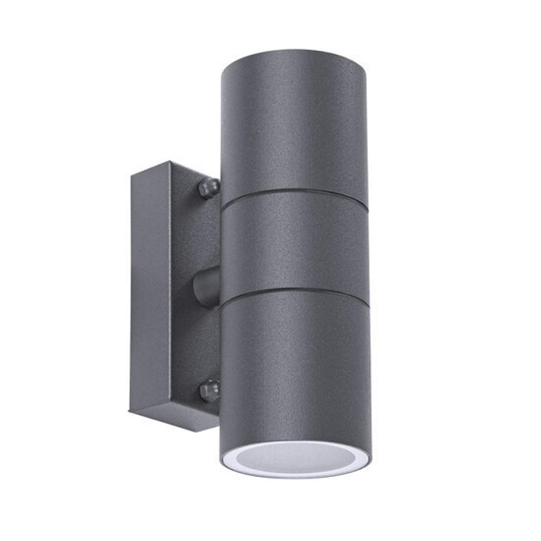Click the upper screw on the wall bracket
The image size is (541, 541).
pos(208,186)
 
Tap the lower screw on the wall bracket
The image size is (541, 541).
pos(208,390)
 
